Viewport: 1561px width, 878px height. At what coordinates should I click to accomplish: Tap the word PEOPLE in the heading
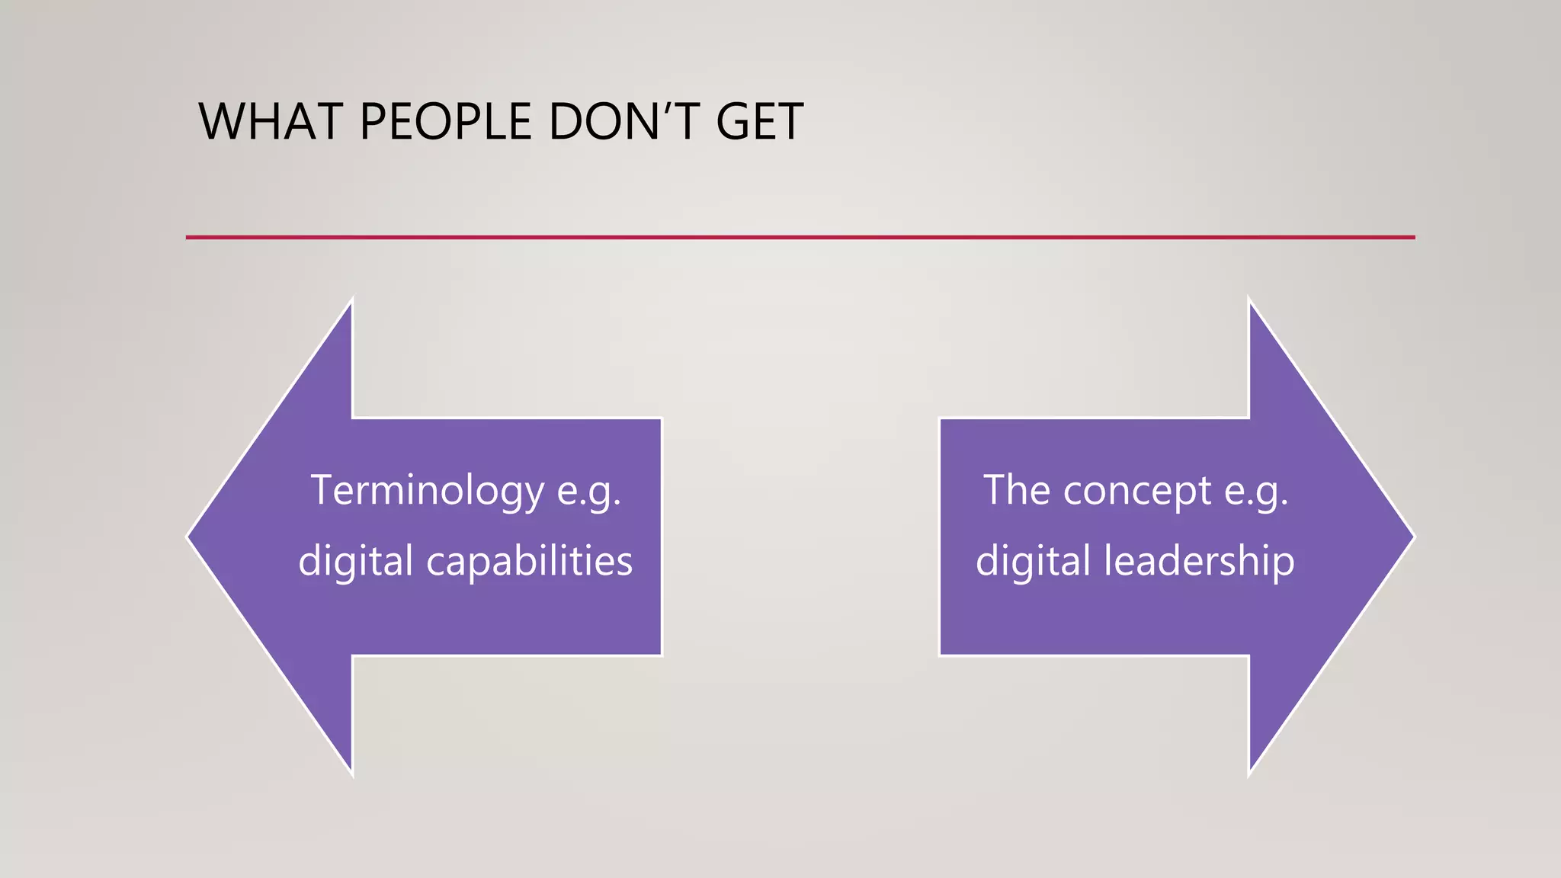pos(445,122)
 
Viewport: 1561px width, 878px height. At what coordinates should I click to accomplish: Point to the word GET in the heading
pos(759,122)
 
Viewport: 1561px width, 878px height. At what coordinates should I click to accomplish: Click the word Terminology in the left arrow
pos(427,490)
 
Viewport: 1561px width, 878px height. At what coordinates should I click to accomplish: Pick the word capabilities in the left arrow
pos(529,562)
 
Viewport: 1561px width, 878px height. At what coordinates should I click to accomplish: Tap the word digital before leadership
pos(1033,562)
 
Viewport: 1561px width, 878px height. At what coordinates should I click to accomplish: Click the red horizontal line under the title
pos(800,237)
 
